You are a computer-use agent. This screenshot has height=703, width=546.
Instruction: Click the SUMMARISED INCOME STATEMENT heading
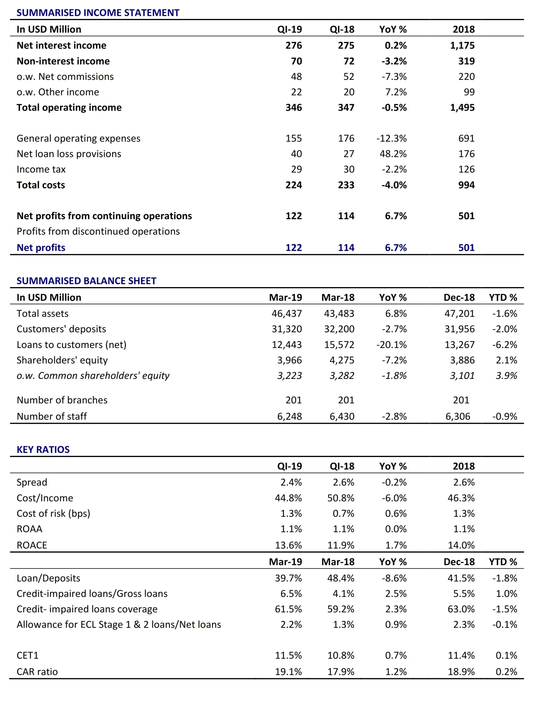(x=98, y=13)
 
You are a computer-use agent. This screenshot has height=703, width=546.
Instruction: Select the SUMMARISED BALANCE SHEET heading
(x=86, y=281)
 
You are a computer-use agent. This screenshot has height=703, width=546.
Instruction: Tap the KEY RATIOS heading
(x=43, y=449)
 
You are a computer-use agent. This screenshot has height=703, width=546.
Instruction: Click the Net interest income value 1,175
(x=462, y=45)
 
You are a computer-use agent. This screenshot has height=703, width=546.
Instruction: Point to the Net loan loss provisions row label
(x=69, y=154)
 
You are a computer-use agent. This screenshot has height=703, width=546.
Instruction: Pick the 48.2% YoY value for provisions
(x=393, y=154)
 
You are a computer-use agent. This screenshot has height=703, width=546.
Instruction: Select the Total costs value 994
(x=466, y=185)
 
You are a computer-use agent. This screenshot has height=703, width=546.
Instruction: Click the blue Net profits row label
(x=41, y=247)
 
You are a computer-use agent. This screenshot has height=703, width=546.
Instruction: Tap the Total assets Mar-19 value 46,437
(x=287, y=314)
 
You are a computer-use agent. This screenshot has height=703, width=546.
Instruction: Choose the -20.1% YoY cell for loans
(x=391, y=345)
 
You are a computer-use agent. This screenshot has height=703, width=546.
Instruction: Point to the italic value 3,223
(x=289, y=376)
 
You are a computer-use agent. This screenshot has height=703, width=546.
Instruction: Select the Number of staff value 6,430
(x=342, y=416)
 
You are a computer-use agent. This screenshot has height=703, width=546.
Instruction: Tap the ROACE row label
(x=32, y=545)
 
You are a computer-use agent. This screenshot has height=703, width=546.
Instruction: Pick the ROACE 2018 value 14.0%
(x=461, y=545)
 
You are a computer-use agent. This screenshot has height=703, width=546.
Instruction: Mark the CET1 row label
(x=27, y=655)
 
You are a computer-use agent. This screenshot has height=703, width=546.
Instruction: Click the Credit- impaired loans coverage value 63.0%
(x=461, y=609)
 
